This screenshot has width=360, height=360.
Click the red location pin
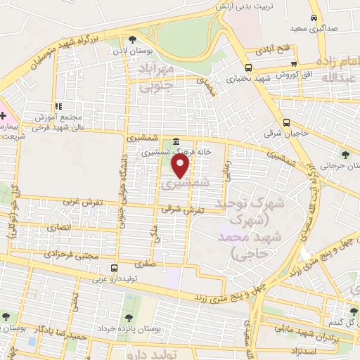(x=181, y=167)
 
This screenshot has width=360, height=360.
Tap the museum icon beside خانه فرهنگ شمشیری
(x=174, y=141)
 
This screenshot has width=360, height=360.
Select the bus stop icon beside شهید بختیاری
(x=249, y=68)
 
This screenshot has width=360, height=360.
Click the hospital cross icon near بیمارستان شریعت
(x=3, y=115)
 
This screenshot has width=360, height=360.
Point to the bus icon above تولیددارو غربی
(x=114, y=268)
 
